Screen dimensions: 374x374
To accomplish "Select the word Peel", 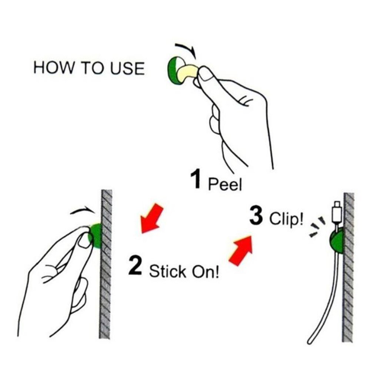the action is click(x=225, y=184).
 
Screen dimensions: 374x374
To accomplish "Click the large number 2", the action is click(x=135, y=265).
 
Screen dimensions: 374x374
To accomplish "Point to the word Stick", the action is click(x=167, y=271).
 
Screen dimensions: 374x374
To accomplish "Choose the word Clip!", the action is click(x=287, y=219).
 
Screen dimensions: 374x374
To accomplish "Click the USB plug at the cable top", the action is click(x=337, y=212).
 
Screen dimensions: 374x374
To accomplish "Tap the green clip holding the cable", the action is click(x=336, y=241).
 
